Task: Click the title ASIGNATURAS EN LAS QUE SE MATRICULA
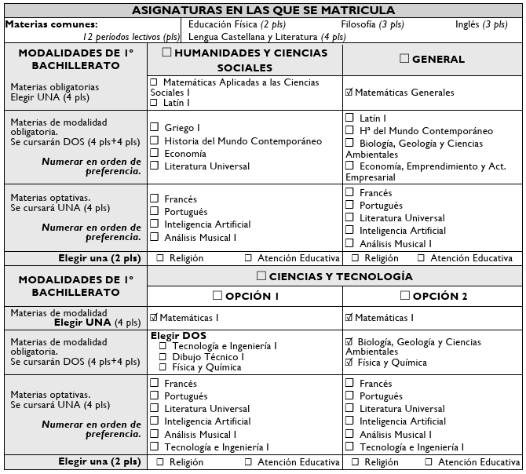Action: (263, 10)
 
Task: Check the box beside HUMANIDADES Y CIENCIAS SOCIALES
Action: (166, 53)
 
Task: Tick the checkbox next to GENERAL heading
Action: (404, 59)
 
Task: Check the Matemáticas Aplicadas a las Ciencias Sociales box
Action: (154, 82)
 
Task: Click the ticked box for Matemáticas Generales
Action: (349, 93)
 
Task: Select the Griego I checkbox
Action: (155, 127)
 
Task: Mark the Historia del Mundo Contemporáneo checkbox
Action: (155, 140)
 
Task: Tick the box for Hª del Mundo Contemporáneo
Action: (350, 131)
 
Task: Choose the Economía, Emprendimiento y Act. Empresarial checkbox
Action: (350, 167)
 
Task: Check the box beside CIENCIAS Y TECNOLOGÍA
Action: (261, 276)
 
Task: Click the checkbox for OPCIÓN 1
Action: (217, 296)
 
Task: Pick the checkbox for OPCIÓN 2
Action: (405, 296)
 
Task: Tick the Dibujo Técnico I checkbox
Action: (164, 357)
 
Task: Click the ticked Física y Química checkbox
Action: (349, 363)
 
